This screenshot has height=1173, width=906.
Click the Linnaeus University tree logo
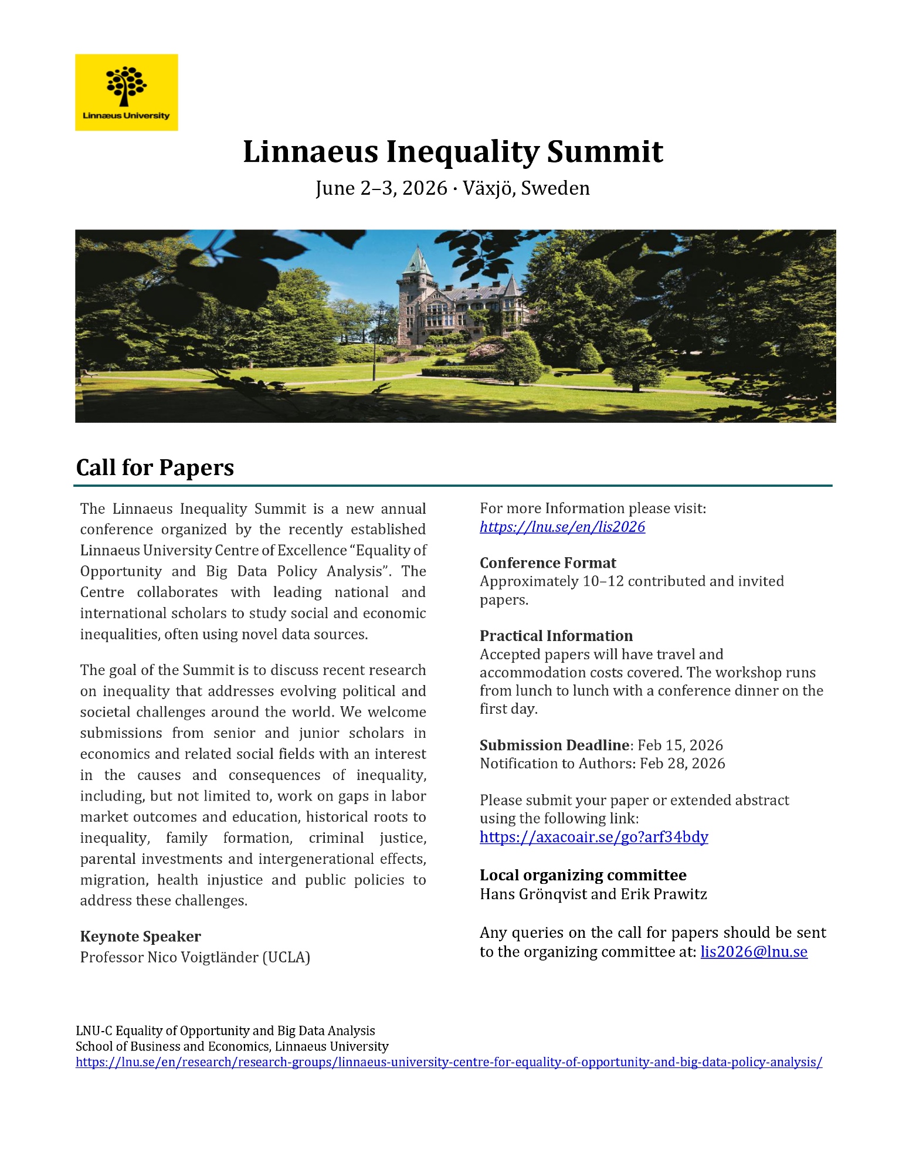click(126, 86)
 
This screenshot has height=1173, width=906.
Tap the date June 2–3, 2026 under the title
click(381, 188)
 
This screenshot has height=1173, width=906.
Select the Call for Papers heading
click(155, 467)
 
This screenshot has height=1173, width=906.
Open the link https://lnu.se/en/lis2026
click(562, 527)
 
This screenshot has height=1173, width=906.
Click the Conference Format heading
click(548, 562)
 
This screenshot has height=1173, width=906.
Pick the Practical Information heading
click(556, 636)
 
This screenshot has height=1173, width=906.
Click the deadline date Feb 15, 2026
click(680, 745)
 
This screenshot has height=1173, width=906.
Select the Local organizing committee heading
click(583, 875)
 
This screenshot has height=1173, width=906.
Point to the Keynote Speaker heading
click(140, 936)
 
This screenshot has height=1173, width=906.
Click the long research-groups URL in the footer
click(449, 1062)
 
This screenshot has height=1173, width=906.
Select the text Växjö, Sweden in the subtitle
click(526, 188)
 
